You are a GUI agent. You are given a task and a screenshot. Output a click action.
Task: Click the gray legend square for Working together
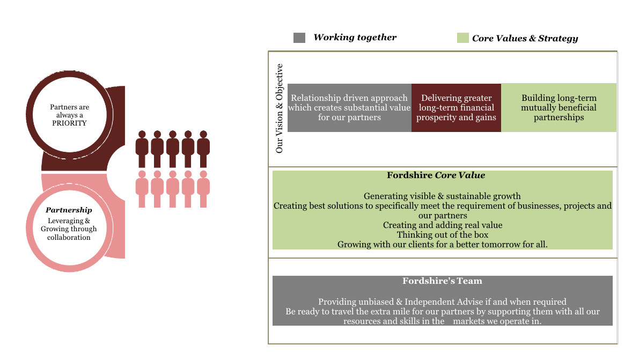(x=299, y=38)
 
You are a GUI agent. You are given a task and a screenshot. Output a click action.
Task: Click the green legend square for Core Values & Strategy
(x=463, y=38)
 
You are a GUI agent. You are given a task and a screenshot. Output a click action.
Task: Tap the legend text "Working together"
(x=355, y=38)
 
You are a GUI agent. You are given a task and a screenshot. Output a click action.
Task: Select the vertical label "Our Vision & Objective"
(x=279, y=108)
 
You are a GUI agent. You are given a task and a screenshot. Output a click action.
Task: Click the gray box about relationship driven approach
(x=349, y=107)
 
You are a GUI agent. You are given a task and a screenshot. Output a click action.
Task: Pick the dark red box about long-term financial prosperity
(x=456, y=107)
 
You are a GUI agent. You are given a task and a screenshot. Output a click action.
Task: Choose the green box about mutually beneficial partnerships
(x=559, y=107)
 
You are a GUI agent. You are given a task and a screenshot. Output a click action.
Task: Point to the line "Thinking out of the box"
(x=443, y=234)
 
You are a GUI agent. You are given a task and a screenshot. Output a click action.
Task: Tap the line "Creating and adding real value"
(x=443, y=225)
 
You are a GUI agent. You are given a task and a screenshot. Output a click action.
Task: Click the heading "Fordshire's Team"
(x=443, y=281)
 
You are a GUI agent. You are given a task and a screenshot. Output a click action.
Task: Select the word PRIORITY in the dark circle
(x=69, y=123)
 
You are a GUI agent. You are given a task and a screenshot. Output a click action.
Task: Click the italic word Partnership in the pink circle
(x=69, y=210)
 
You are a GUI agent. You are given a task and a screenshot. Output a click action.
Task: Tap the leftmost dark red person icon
(x=142, y=149)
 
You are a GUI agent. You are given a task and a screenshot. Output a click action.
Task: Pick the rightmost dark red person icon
(x=203, y=149)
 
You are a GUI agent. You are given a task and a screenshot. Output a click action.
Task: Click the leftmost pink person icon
(x=142, y=189)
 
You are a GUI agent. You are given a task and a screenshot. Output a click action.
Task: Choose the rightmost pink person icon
(x=203, y=189)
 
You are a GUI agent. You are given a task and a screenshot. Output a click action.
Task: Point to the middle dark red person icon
(x=173, y=149)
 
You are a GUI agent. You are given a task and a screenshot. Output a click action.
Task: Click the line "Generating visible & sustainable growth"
(x=442, y=196)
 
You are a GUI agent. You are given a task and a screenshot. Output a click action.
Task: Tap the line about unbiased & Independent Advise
(x=442, y=302)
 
